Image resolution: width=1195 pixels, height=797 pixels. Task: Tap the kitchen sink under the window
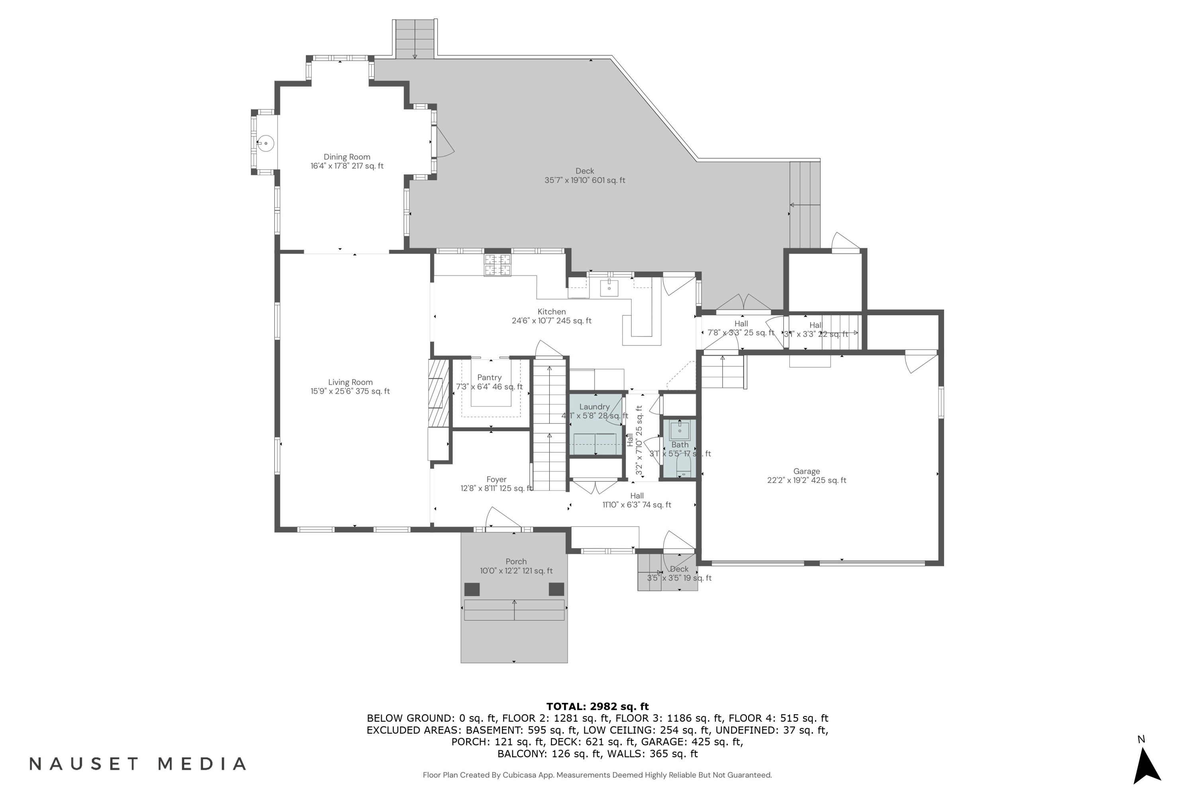(609, 287)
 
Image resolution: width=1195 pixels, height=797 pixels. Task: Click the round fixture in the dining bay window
(265, 143)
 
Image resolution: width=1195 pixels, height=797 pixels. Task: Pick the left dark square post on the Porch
(472, 589)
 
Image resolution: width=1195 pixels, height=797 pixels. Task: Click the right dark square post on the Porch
(556, 589)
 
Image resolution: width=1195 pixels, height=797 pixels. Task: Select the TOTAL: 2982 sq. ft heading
(597, 706)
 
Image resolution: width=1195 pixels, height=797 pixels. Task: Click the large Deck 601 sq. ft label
(585, 175)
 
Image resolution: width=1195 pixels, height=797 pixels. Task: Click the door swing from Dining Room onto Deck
(443, 142)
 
